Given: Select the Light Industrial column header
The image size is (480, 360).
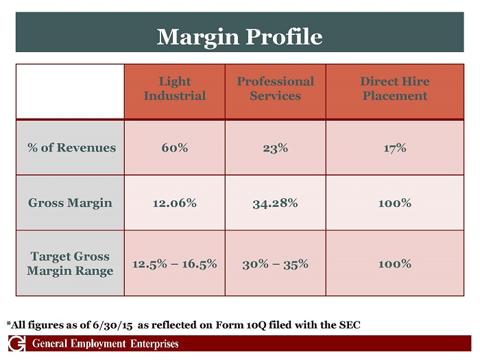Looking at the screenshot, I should [x=174, y=88].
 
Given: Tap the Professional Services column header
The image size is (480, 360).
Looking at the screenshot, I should [x=275, y=88].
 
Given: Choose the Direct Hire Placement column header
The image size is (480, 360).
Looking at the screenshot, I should [x=394, y=88].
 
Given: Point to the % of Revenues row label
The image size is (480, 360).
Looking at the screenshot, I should [x=71, y=147].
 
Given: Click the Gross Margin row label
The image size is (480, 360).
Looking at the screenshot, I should [x=70, y=203].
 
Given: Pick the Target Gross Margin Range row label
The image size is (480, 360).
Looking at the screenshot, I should [x=70, y=263].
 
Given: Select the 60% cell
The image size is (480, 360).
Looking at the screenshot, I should [x=174, y=147].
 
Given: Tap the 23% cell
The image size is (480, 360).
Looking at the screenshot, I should [x=275, y=147].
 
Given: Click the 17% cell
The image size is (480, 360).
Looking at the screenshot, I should [x=394, y=147].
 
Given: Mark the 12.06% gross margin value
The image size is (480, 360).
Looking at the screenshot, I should [x=174, y=203].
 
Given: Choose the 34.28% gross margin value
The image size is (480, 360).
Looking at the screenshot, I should [x=275, y=203].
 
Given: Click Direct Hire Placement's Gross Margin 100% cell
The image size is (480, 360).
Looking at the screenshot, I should [x=394, y=203].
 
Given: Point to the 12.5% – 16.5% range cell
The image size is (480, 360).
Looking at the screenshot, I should [x=174, y=263].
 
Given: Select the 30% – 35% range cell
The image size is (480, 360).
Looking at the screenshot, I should [x=275, y=263].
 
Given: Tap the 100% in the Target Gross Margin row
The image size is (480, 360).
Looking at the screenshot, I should [x=394, y=263].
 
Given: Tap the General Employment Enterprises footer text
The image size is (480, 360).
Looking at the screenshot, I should [x=106, y=344].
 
